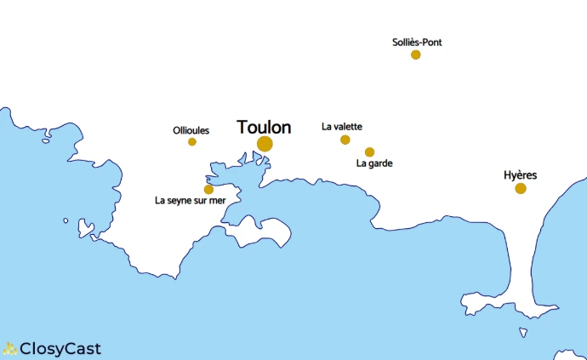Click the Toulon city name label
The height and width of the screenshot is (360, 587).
pos(264,128)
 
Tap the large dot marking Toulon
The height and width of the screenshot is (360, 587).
pos(265,144)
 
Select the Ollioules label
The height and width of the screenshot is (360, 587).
pos(191,130)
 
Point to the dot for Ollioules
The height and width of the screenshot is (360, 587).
pos(192,141)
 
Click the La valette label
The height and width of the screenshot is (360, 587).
pos(342,127)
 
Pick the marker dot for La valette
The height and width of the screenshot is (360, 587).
pos(345,140)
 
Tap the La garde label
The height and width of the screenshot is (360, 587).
pos(374,163)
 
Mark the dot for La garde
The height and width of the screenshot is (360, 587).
pos(369,152)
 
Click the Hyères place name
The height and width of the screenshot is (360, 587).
pos(520,175)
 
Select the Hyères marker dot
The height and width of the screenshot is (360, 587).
pos(521,188)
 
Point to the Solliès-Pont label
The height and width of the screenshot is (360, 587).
pos(417,42)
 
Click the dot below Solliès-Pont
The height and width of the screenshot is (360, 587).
pos(416,54)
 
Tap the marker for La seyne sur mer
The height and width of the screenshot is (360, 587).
pos(208,189)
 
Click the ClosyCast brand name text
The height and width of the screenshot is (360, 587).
pos(60,348)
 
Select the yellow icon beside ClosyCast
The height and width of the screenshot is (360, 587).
pos(9,348)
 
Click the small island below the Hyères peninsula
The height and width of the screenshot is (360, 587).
pos(523,333)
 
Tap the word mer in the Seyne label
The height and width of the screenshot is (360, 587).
pos(217,202)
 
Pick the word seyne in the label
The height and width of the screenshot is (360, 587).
pos(181,202)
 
